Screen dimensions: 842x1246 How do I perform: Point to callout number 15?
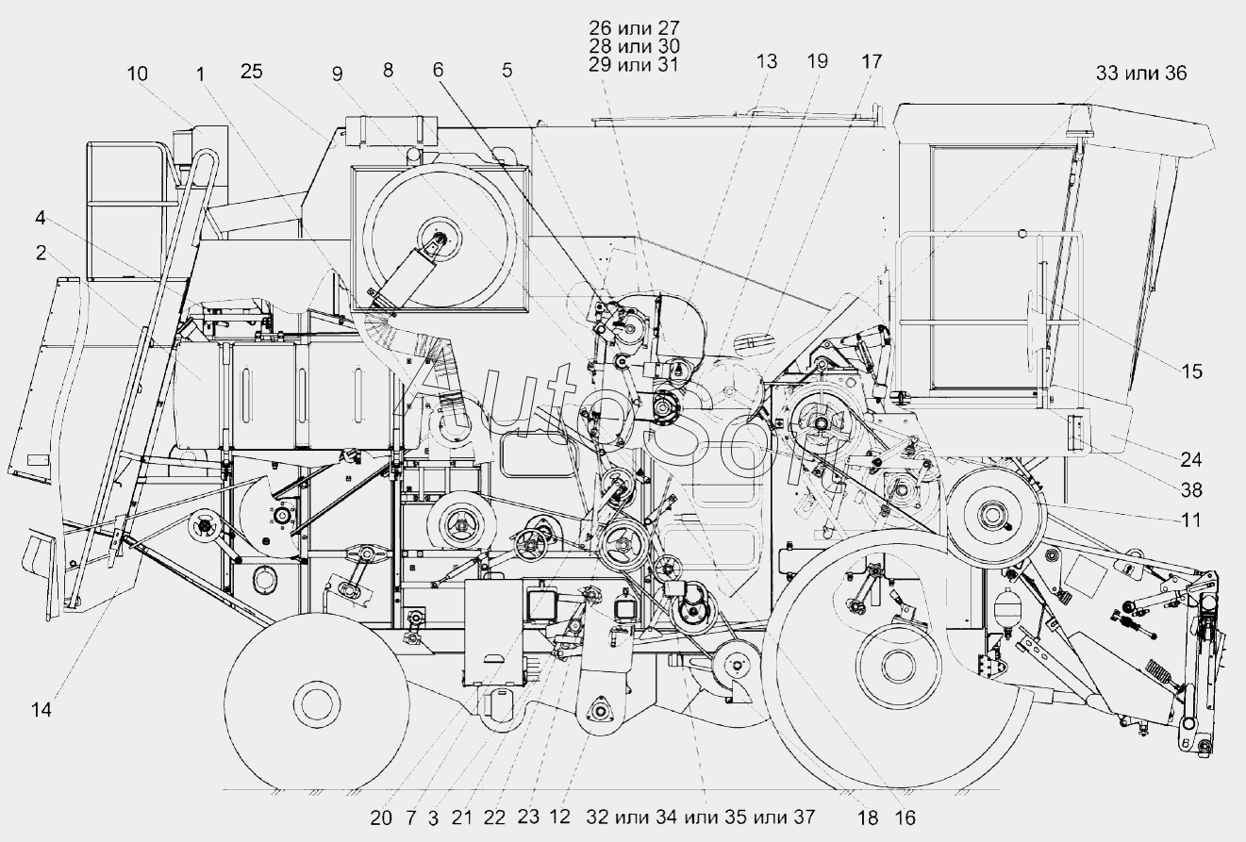[x=1191, y=371]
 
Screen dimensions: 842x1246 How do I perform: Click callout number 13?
[x=767, y=61]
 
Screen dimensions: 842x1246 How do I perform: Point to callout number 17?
[x=871, y=61]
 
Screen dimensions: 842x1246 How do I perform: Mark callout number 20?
[x=380, y=817]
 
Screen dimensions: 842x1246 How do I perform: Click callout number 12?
[x=560, y=817]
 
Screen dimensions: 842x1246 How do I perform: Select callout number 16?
[x=905, y=817]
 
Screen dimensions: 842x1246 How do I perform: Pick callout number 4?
[x=41, y=218]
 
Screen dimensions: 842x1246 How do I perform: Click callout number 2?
[x=41, y=252]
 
